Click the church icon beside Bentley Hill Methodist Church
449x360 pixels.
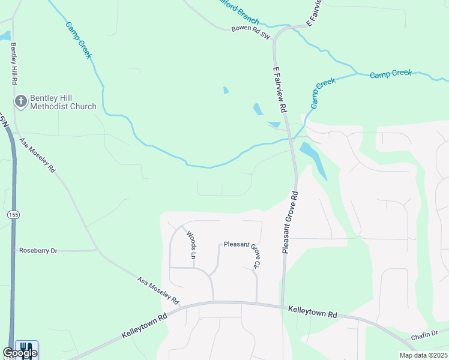point(20,101)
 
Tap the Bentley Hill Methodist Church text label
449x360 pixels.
point(64,101)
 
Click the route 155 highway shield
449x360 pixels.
point(13,214)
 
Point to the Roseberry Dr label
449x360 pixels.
point(38,250)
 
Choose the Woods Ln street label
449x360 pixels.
point(191,244)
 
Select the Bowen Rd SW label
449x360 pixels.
point(252,32)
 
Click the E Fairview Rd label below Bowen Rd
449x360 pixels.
point(279,90)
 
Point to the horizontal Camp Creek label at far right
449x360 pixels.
point(391,74)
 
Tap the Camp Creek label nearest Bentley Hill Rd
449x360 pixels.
point(78,40)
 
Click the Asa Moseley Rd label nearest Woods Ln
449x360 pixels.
point(158,290)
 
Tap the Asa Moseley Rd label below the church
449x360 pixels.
point(37,155)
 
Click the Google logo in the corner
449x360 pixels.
point(20,352)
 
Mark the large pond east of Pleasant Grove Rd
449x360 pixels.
point(313,159)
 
